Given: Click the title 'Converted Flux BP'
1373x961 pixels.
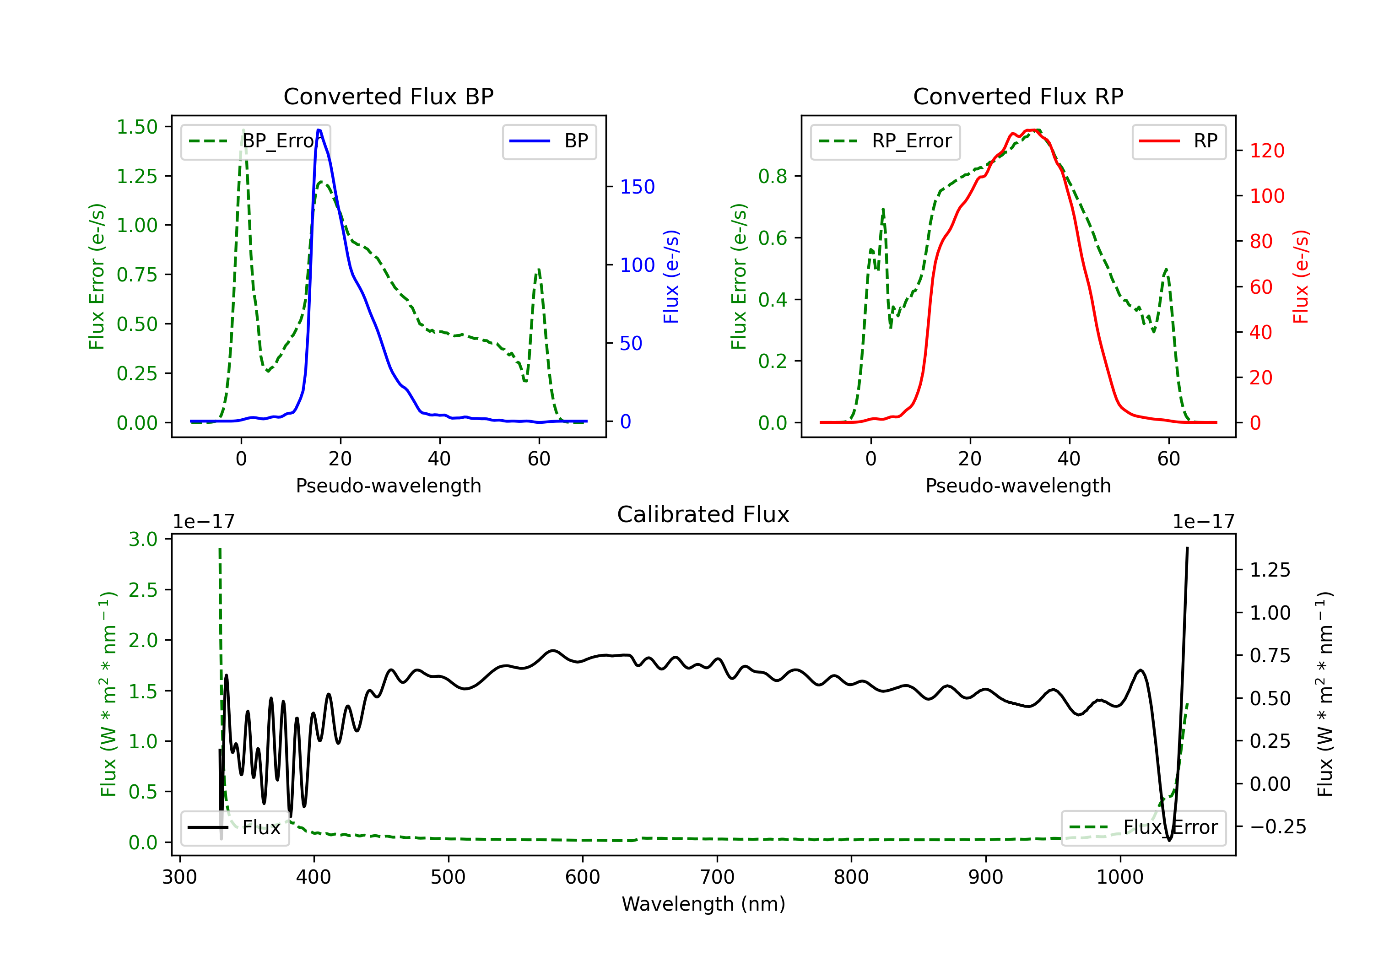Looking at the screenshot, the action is [x=388, y=96].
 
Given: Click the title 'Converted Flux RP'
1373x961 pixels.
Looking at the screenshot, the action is [x=1018, y=96].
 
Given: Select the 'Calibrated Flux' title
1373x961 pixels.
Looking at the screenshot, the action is [x=703, y=514].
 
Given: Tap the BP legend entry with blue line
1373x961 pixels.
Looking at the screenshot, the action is [x=549, y=141].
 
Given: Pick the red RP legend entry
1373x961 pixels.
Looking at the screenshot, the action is [x=1178, y=141].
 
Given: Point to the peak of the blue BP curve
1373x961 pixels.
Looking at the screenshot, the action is [x=319, y=130].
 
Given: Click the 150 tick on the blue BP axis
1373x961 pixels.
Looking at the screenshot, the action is [x=638, y=187].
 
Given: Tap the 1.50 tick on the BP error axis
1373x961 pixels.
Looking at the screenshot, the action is [x=137, y=127].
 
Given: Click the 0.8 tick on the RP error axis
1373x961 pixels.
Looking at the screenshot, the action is [x=773, y=177].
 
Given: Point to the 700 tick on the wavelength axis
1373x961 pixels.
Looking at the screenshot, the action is [x=717, y=877].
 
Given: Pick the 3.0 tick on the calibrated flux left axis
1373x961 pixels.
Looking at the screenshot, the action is [x=143, y=540].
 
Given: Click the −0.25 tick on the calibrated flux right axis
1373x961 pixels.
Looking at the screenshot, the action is [x=1278, y=826].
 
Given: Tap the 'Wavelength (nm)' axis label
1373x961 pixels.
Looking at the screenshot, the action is [x=703, y=904].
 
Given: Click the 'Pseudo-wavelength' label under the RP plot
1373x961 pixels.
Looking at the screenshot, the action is [x=1018, y=486].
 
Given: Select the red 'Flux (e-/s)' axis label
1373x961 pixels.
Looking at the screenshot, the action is [x=1300, y=276].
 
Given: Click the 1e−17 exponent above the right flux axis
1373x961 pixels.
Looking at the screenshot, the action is [x=1203, y=522].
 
